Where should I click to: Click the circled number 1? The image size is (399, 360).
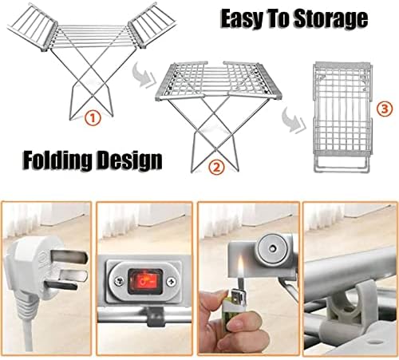tap(93, 119)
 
